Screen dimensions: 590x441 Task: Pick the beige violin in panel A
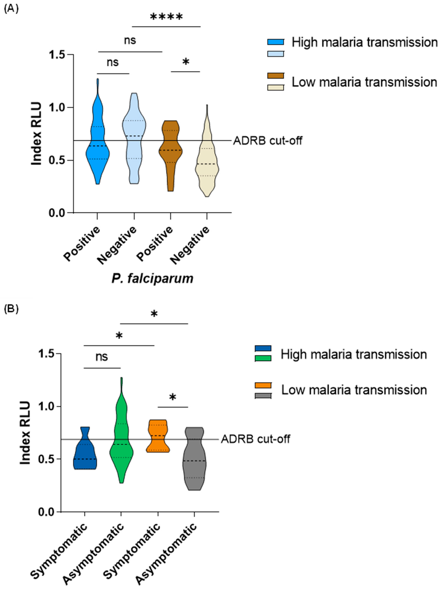tap(207, 165)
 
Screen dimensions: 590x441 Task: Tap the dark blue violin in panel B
tap(85, 453)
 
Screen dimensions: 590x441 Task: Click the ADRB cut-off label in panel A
tap(267, 141)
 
